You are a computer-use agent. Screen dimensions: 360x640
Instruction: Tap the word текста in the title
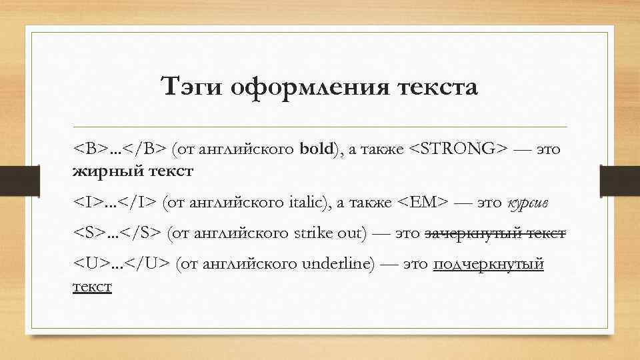click(x=433, y=87)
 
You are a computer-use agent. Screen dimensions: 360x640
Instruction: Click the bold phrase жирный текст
click(x=133, y=171)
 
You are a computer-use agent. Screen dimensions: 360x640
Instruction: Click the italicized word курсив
click(x=531, y=202)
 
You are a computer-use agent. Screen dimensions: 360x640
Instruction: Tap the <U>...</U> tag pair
click(x=121, y=264)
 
